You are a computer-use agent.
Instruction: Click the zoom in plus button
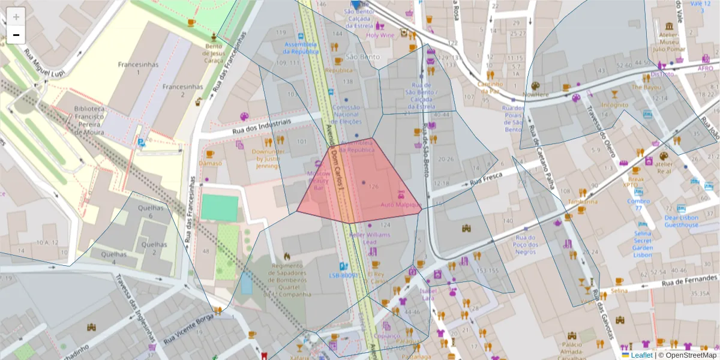[x=16, y=16]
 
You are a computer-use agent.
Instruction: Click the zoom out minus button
[x=16, y=35]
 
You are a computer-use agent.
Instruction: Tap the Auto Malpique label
[x=400, y=205]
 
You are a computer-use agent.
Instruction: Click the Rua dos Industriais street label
[x=261, y=125]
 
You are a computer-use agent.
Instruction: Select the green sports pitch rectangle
[x=220, y=208]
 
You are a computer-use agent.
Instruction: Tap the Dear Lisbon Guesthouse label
[x=681, y=221]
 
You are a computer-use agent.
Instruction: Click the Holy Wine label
[x=380, y=35]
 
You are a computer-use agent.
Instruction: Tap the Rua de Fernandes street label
[x=689, y=279]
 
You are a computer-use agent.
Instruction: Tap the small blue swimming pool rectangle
[x=247, y=282]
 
